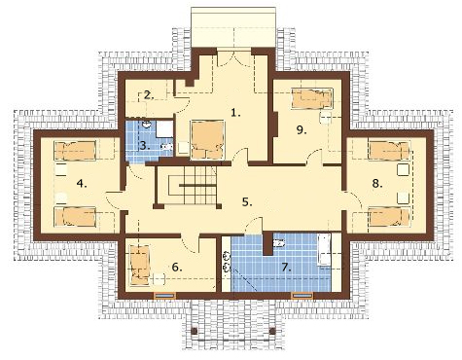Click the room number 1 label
pos(235,113)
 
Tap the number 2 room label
pos(149,95)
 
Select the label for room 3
pos(145,145)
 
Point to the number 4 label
pos(82,184)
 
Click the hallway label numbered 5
pos(247,201)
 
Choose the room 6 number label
pos(177,267)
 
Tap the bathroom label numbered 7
pos(286,268)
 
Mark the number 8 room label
pos(377,184)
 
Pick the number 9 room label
pos(302,129)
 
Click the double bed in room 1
pos(208,140)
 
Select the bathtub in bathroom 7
pos(324,249)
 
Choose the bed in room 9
pos(312,97)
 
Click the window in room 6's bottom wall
pos(164,295)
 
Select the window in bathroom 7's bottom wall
pos(302,295)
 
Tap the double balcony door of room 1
pos(233,57)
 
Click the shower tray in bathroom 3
pos(164,129)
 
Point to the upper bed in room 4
pos(75,150)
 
